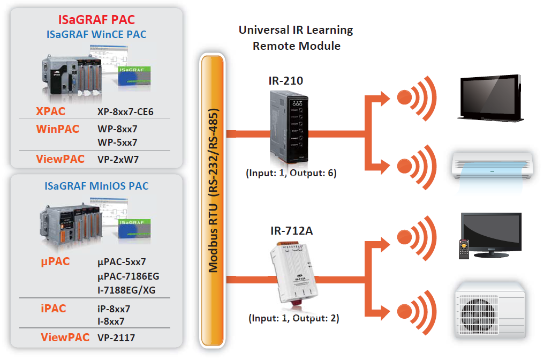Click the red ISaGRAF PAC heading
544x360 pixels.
96,20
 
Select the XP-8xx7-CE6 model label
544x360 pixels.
125,112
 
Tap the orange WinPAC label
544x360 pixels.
58,129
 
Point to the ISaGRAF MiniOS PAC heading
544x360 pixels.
96,186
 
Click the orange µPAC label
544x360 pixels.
55,262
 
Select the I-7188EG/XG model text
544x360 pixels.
127,290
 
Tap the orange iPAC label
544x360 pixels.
53,309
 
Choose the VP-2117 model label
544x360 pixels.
116,337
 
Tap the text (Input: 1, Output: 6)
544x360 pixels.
291,173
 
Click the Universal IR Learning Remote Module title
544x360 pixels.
296,37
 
